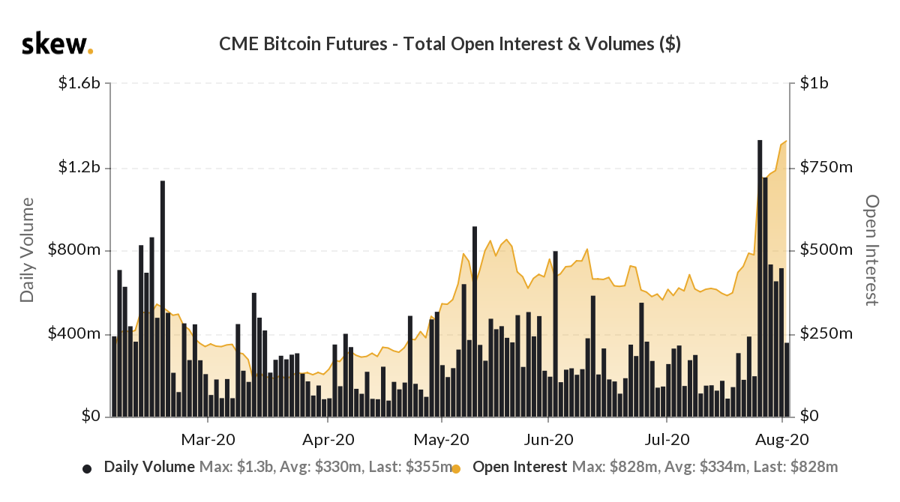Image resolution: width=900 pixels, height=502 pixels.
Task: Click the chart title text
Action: [449, 44]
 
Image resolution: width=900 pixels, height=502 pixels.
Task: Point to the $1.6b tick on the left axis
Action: [79, 84]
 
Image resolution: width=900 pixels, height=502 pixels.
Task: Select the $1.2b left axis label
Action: [79, 167]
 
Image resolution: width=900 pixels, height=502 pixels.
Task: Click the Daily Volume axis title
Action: [28, 250]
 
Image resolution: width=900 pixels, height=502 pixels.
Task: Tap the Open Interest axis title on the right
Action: [871, 250]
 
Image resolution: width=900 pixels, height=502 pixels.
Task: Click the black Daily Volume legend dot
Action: [87, 469]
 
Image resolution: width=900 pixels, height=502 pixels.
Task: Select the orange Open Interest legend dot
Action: [456, 469]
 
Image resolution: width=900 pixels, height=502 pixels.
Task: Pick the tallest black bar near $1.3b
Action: [760, 277]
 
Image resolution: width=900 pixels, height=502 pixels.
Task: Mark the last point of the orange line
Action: [786, 141]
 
